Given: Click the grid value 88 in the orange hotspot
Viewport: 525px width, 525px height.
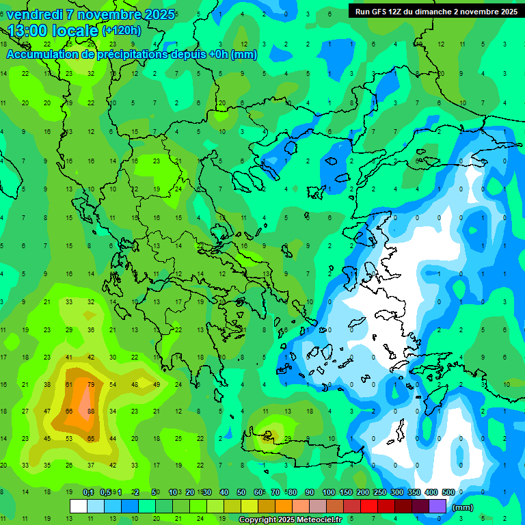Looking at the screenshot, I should tap(91, 411).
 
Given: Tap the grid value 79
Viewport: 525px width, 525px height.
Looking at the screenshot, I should tap(91, 383).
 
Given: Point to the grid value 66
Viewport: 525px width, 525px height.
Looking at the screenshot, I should tap(69, 411).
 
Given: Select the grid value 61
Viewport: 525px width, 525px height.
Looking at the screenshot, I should tap(69, 383).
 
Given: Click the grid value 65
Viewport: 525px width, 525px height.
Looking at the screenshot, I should tap(91, 438).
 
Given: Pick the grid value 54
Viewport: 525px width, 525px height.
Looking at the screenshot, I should tap(113, 383).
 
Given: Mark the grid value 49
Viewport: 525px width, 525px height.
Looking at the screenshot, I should tap(157, 383).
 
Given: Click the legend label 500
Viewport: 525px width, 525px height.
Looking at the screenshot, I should tap(448, 492).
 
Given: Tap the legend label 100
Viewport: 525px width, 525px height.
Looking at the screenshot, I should tap(329, 492).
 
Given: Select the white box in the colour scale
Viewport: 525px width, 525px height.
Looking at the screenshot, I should tap(79, 506).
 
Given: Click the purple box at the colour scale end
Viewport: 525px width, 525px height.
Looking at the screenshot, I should tap(438, 506).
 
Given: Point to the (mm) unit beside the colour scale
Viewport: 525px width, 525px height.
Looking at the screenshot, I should tap(463, 507).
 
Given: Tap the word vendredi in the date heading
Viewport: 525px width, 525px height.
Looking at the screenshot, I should tap(32, 14).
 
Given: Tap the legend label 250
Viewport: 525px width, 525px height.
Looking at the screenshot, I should tap(380, 492).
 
